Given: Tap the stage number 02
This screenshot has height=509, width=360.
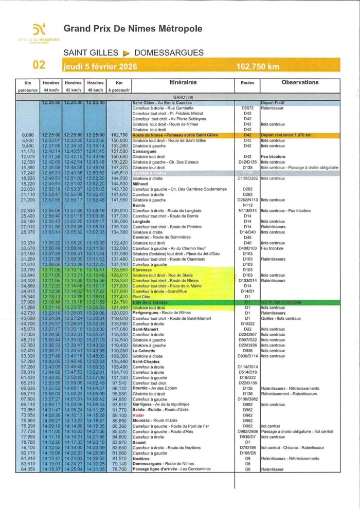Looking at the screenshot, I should (39, 65).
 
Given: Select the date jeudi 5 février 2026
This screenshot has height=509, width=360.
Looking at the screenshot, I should (96, 66).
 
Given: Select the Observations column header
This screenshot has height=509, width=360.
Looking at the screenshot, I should (300, 82).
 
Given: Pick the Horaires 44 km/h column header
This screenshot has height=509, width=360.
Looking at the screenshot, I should (51, 86).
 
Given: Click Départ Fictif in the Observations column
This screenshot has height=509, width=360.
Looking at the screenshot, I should (273, 103).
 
